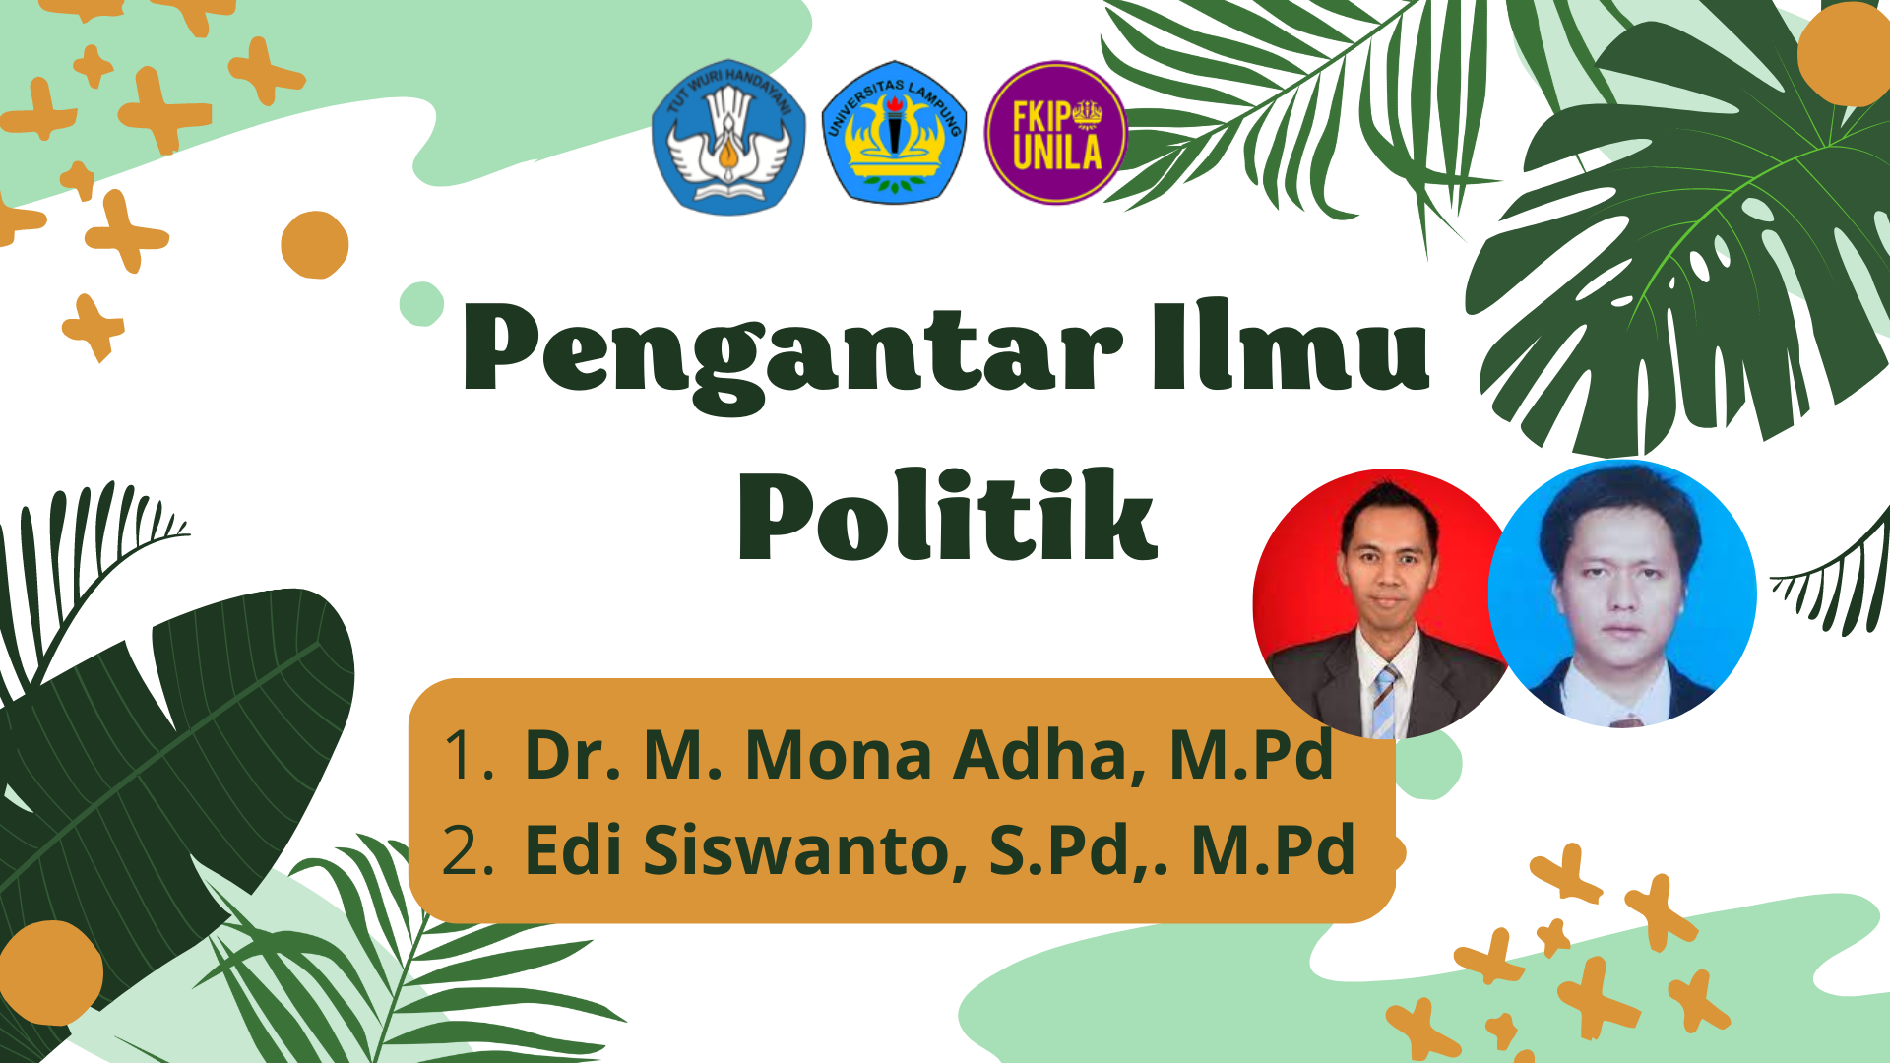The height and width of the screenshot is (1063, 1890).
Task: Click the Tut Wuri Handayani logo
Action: pos(728,137)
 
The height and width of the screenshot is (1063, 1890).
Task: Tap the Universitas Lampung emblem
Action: pos(894,133)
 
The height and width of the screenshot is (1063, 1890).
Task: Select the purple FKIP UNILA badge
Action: pos(1055,133)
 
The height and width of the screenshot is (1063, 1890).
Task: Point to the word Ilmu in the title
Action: pos(1291,344)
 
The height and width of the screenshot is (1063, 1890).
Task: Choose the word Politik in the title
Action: pos(947,514)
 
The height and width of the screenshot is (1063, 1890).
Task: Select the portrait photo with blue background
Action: pos(1622,594)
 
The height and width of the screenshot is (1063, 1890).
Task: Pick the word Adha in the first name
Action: pos(1050,755)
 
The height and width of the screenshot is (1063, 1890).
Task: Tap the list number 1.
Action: pos(469,755)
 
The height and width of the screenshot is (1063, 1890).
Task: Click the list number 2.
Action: pos(468,850)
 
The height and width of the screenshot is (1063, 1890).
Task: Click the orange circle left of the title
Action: pos(315,244)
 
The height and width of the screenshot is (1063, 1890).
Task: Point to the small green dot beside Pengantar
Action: pos(422,303)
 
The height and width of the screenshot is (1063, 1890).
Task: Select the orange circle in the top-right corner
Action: pos(1844,54)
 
